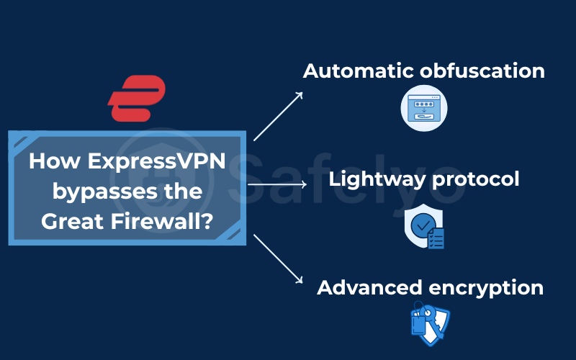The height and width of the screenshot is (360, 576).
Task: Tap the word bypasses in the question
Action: coord(91,192)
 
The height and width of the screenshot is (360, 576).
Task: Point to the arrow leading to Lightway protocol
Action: coord(277,184)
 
